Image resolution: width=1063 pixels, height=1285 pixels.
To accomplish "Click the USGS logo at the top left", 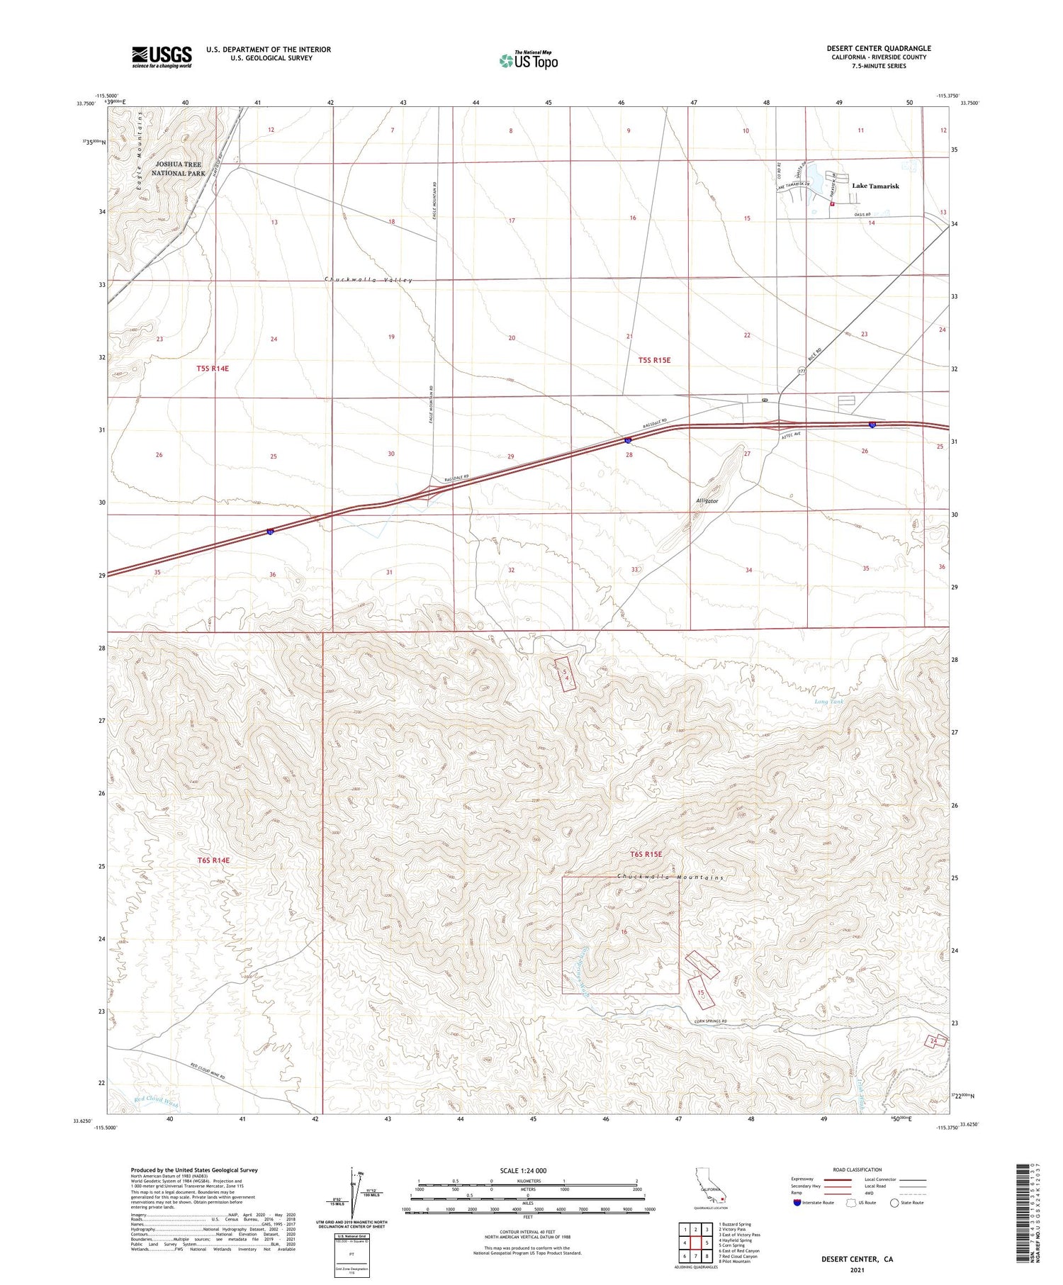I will (x=162, y=57).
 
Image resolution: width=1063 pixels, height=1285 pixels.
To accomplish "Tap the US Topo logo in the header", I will (x=529, y=60).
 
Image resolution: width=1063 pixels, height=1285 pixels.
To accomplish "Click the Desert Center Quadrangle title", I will (x=878, y=48).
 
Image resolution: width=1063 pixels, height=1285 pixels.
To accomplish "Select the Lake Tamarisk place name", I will (x=874, y=186).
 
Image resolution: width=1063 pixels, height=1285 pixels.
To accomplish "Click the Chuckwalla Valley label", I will (x=368, y=280).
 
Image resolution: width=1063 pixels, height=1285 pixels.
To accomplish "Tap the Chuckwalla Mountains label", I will (x=670, y=877).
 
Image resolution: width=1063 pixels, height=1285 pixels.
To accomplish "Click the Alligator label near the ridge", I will (x=707, y=500).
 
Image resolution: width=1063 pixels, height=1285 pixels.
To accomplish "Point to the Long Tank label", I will (x=830, y=701).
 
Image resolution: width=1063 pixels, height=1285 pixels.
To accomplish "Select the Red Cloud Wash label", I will (x=156, y=1101).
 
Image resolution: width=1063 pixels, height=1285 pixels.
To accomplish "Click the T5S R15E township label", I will (x=653, y=360).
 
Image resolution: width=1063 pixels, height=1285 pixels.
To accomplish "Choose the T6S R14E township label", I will (x=213, y=860).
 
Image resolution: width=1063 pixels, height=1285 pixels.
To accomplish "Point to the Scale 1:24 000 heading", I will (x=523, y=1170).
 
